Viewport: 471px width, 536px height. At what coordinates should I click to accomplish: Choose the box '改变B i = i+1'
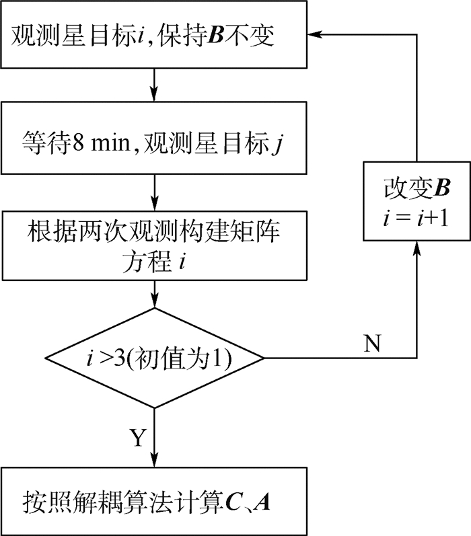(x=416, y=202)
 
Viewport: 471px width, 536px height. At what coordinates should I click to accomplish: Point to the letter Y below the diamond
(x=137, y=438)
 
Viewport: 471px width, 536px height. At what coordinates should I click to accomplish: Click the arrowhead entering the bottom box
(x=156, y=460)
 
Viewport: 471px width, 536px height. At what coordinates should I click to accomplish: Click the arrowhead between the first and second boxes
(x=156, y=93)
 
